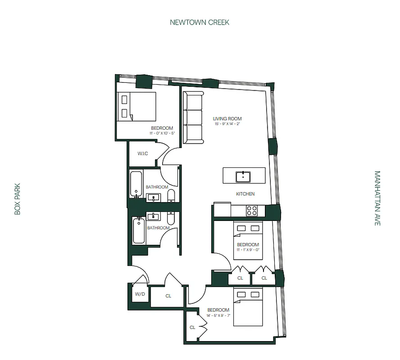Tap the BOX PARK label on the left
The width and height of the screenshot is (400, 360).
click(x=18, y=198)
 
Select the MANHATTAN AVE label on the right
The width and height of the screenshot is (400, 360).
click(x=377, y=198)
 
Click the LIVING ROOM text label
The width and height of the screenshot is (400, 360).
click(x=227, y=119)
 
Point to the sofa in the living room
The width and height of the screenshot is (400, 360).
click(x=193, y=117)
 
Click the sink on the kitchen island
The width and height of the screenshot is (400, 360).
click(x=244, y=175)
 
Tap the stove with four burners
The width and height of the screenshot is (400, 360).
click(x=251, y=210)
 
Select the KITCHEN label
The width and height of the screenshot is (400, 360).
click(x=245, y=194)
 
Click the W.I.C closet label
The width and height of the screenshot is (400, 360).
click(x=143, y=154)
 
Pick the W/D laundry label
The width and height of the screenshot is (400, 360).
click(x=140, y=294)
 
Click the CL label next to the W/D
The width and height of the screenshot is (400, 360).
click(x=168, y=296)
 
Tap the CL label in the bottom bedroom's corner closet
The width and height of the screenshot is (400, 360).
click(x=192, y=328)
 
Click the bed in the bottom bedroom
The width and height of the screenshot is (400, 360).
click(x=248, y=308)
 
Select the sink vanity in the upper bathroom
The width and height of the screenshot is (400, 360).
click(x=154, y=197)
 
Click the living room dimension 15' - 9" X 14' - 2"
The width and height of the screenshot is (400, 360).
click(x=227, y=124)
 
